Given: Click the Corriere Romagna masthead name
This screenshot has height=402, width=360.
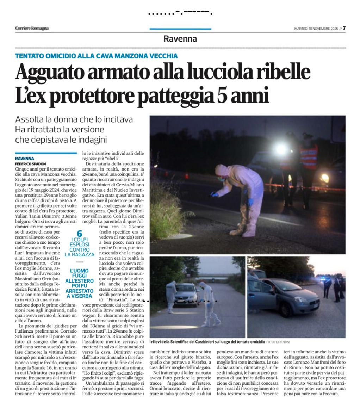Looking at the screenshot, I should pos(32,29).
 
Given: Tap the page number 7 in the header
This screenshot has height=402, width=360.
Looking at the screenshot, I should pos(344,28).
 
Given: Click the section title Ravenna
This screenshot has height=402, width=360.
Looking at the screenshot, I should pos(180,39).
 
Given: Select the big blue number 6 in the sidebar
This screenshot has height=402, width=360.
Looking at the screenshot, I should pos(79,233).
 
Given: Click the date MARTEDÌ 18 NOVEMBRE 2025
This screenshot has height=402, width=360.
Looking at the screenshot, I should pos(316,29).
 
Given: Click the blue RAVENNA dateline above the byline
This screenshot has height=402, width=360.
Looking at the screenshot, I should pos(25,159).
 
